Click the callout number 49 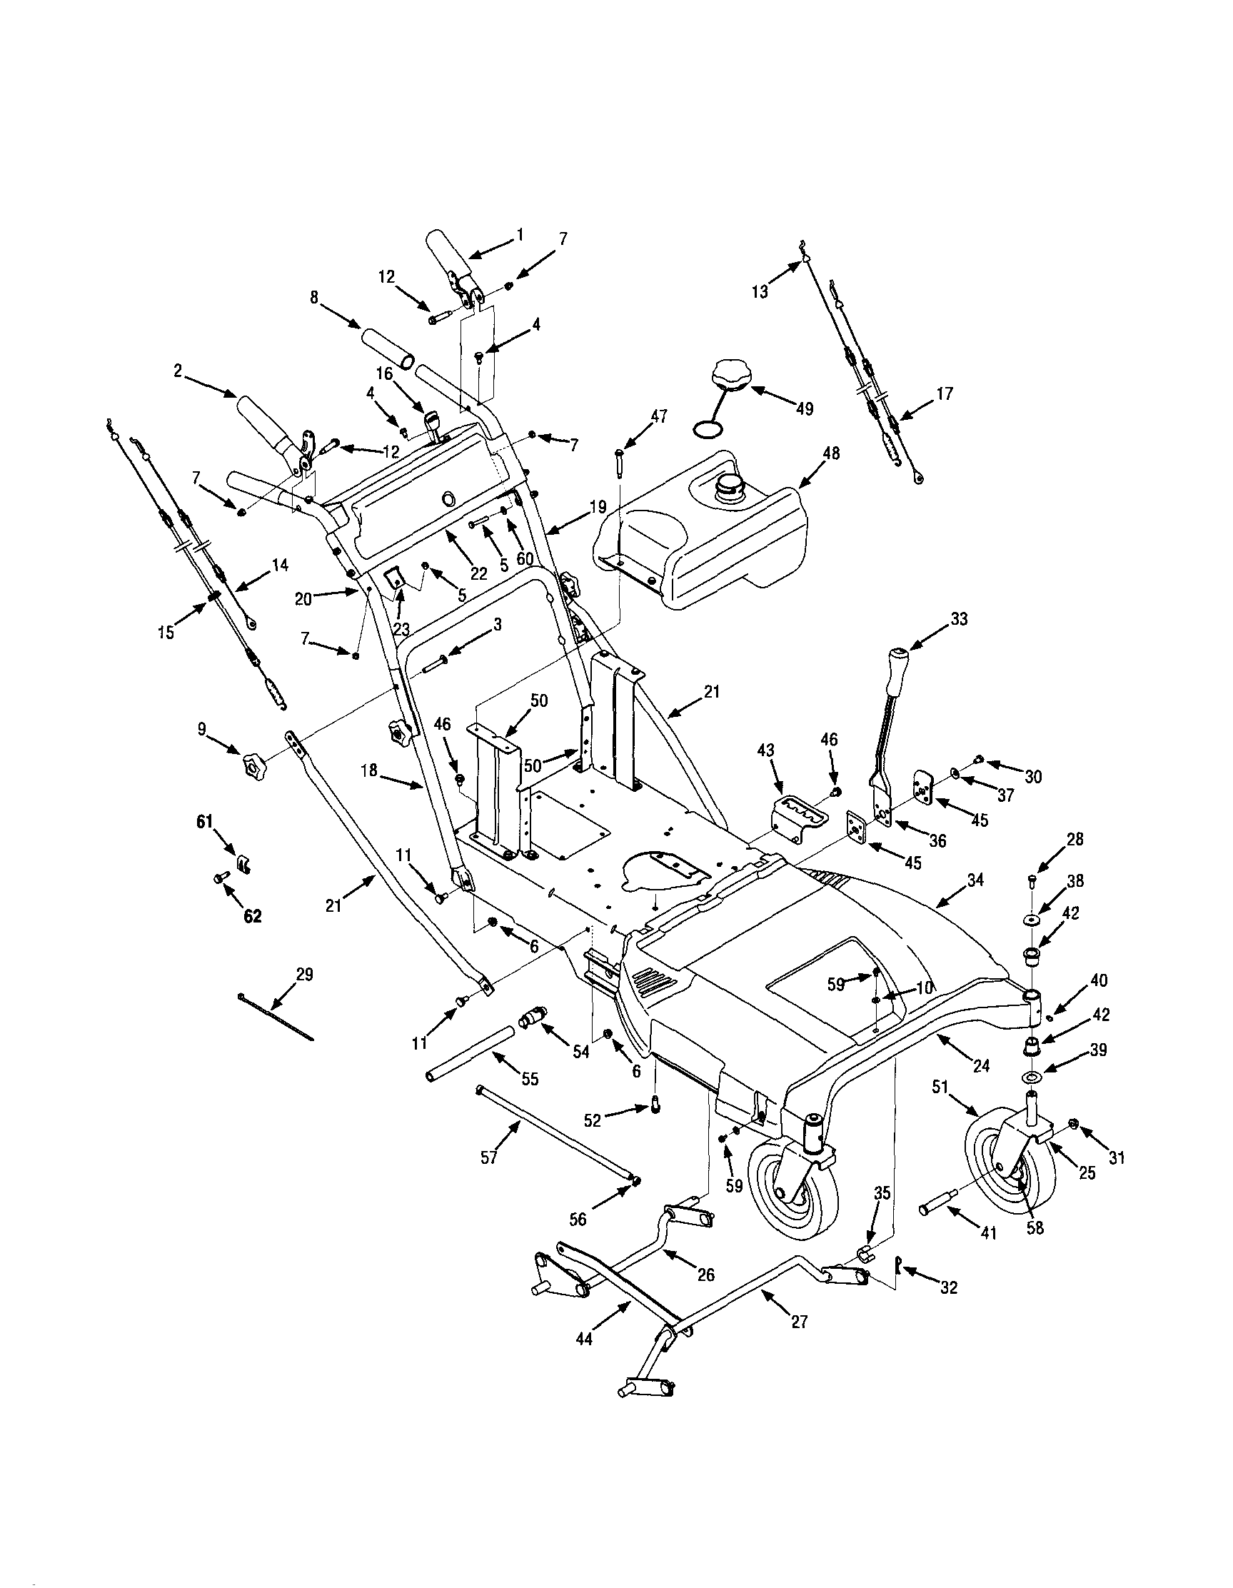pos(804,408)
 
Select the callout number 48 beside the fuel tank pos(830,453)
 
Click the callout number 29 pos(305,975)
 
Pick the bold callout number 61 pos(204,822)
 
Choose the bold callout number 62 pos(251,918)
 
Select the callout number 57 pos(489,1157)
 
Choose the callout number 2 pos(177,371)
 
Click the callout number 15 pos(166,633)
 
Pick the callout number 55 pos(530,1079)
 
